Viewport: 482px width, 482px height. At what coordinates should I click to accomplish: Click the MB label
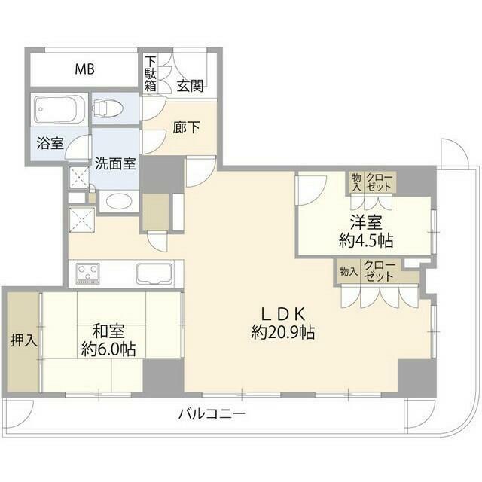(85, 69)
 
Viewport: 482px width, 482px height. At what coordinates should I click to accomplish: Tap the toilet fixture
(107, 108)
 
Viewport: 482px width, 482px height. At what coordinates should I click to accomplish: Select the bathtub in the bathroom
(59, 108)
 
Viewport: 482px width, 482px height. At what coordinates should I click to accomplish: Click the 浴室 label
(50, 143)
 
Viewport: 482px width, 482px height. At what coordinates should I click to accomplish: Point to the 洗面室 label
(115, 163)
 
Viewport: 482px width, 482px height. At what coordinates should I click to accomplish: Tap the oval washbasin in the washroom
(118, 201)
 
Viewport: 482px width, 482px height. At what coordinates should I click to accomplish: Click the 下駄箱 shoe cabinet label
(151, 74)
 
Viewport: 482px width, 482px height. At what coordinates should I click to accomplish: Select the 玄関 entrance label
(191, 86)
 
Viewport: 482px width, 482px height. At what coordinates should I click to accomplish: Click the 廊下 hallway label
(186, 127)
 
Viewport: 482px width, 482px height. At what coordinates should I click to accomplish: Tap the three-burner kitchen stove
(88, 273)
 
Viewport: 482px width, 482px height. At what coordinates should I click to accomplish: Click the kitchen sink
(155, 273)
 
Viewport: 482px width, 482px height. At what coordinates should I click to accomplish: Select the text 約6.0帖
(108, 349)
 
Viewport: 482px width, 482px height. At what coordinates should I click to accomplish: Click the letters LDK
(283, 314)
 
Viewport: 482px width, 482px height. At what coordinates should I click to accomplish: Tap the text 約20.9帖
(283, 332)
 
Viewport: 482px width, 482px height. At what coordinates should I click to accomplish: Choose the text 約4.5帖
(366, 240)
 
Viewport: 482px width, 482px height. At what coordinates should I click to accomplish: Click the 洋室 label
(367, 223)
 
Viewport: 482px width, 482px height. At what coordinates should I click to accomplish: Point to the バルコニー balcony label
(212, 413)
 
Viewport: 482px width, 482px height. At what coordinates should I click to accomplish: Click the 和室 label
(108, 331)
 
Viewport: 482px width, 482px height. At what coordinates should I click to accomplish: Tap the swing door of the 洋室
(310, 190)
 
